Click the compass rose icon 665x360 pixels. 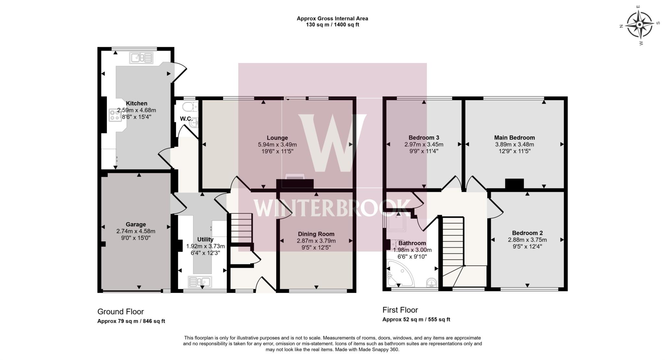pyautogui.click(x=639, y=25)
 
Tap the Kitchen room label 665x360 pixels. pyautogui.click(x=136, y=103)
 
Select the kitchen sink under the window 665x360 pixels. pyautogui.click(x=141, y=58)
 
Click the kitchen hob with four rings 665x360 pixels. pyautogui.click(x=115, y=115)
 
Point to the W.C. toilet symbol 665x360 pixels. pyautogui.click(x=190, y=107)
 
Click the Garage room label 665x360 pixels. pyautogui.click(x=136, y=224)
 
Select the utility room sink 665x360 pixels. pyautogui.click(x=200, y=281)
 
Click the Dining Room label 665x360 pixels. pyautogui.click(x=316, y=234)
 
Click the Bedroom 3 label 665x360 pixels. pyautogui.click(x=424, y=137)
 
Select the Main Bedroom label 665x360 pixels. pyautogui.click(x=514, y=137)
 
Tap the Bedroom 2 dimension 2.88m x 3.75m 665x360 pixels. pyautogui.click(x=527, y=240)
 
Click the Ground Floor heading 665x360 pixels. pyautogui.click(x=120, y=312)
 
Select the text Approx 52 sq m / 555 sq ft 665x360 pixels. pyautogui.click(x=416, y=319)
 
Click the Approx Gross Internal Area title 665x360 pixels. pyautogui.click(x=332, y=19)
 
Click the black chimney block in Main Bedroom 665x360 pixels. pyautogui.click(x=514, y=184)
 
